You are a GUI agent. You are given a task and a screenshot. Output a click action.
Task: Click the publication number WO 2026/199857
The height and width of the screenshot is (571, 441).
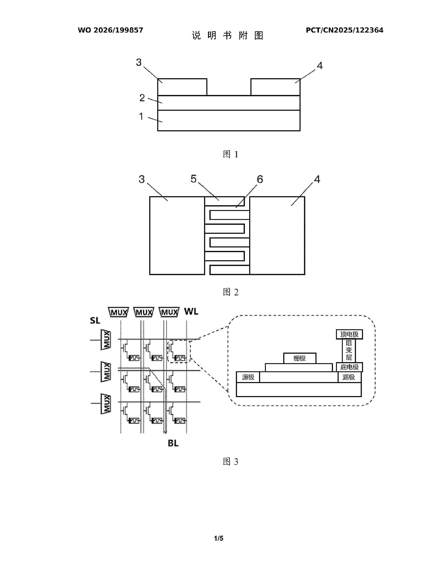click(x=111, y=30)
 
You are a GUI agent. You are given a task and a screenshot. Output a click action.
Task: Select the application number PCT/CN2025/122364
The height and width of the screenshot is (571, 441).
click(x=345, y=30)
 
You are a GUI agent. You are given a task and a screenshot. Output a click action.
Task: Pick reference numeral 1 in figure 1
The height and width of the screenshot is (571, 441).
click(x=141, y=116)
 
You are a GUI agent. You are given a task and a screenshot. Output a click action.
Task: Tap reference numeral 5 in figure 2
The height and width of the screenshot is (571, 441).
click(x=193, y=179)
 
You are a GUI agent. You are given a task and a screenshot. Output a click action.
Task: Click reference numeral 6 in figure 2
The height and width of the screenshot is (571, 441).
click(x=260, y=179)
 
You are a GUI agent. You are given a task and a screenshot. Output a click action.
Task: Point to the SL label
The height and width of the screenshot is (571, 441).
click(x=95, y=320)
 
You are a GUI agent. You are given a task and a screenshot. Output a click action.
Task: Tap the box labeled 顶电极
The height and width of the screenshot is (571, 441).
click(x=349, y=334)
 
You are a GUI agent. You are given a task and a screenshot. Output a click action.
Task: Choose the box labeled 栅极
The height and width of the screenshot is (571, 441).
click(x=300, y=358)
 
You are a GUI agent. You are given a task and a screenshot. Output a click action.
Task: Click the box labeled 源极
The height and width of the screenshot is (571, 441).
click(x=248, y=377)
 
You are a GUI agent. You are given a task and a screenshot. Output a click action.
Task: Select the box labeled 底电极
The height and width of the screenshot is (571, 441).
click(x=349, y=367)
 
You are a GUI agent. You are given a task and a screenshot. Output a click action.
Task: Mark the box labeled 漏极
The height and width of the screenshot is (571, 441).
click(x=350, y=377)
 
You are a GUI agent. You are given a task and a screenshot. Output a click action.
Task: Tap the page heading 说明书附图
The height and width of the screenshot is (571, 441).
click(x=228, y=35)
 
